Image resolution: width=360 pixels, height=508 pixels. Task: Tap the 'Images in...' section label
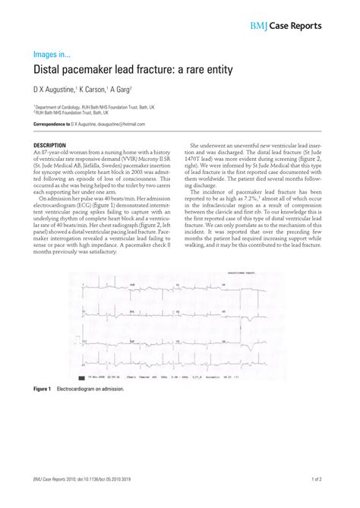[52, 54]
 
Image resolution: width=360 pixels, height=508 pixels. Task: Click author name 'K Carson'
[96, 89]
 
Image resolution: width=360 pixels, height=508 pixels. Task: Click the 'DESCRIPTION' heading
[50, 144]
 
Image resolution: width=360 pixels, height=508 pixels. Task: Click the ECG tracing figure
[180, 327]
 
